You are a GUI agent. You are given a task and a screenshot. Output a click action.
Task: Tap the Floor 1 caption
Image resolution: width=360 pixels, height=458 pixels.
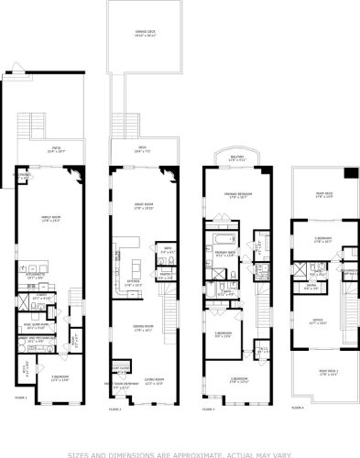click(x=21, y=397)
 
